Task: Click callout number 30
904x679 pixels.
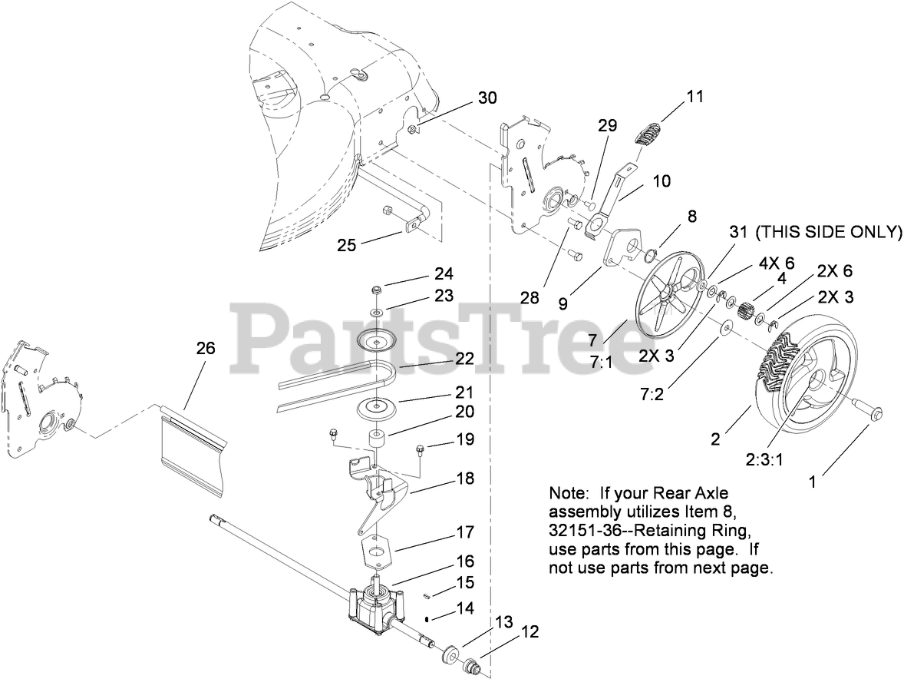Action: (x=487, y=98)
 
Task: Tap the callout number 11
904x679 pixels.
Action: (x=694, y=97)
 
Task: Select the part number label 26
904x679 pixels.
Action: (x=205, y=348)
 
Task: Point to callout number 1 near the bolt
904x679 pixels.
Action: (x=814, y=483)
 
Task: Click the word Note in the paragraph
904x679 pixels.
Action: (x=566, y=492)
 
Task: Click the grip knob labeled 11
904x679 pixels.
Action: (x=650, y=131)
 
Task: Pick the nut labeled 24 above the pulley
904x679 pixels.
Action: (x=377, y=290)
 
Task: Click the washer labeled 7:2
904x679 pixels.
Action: (x=725, y=331)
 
